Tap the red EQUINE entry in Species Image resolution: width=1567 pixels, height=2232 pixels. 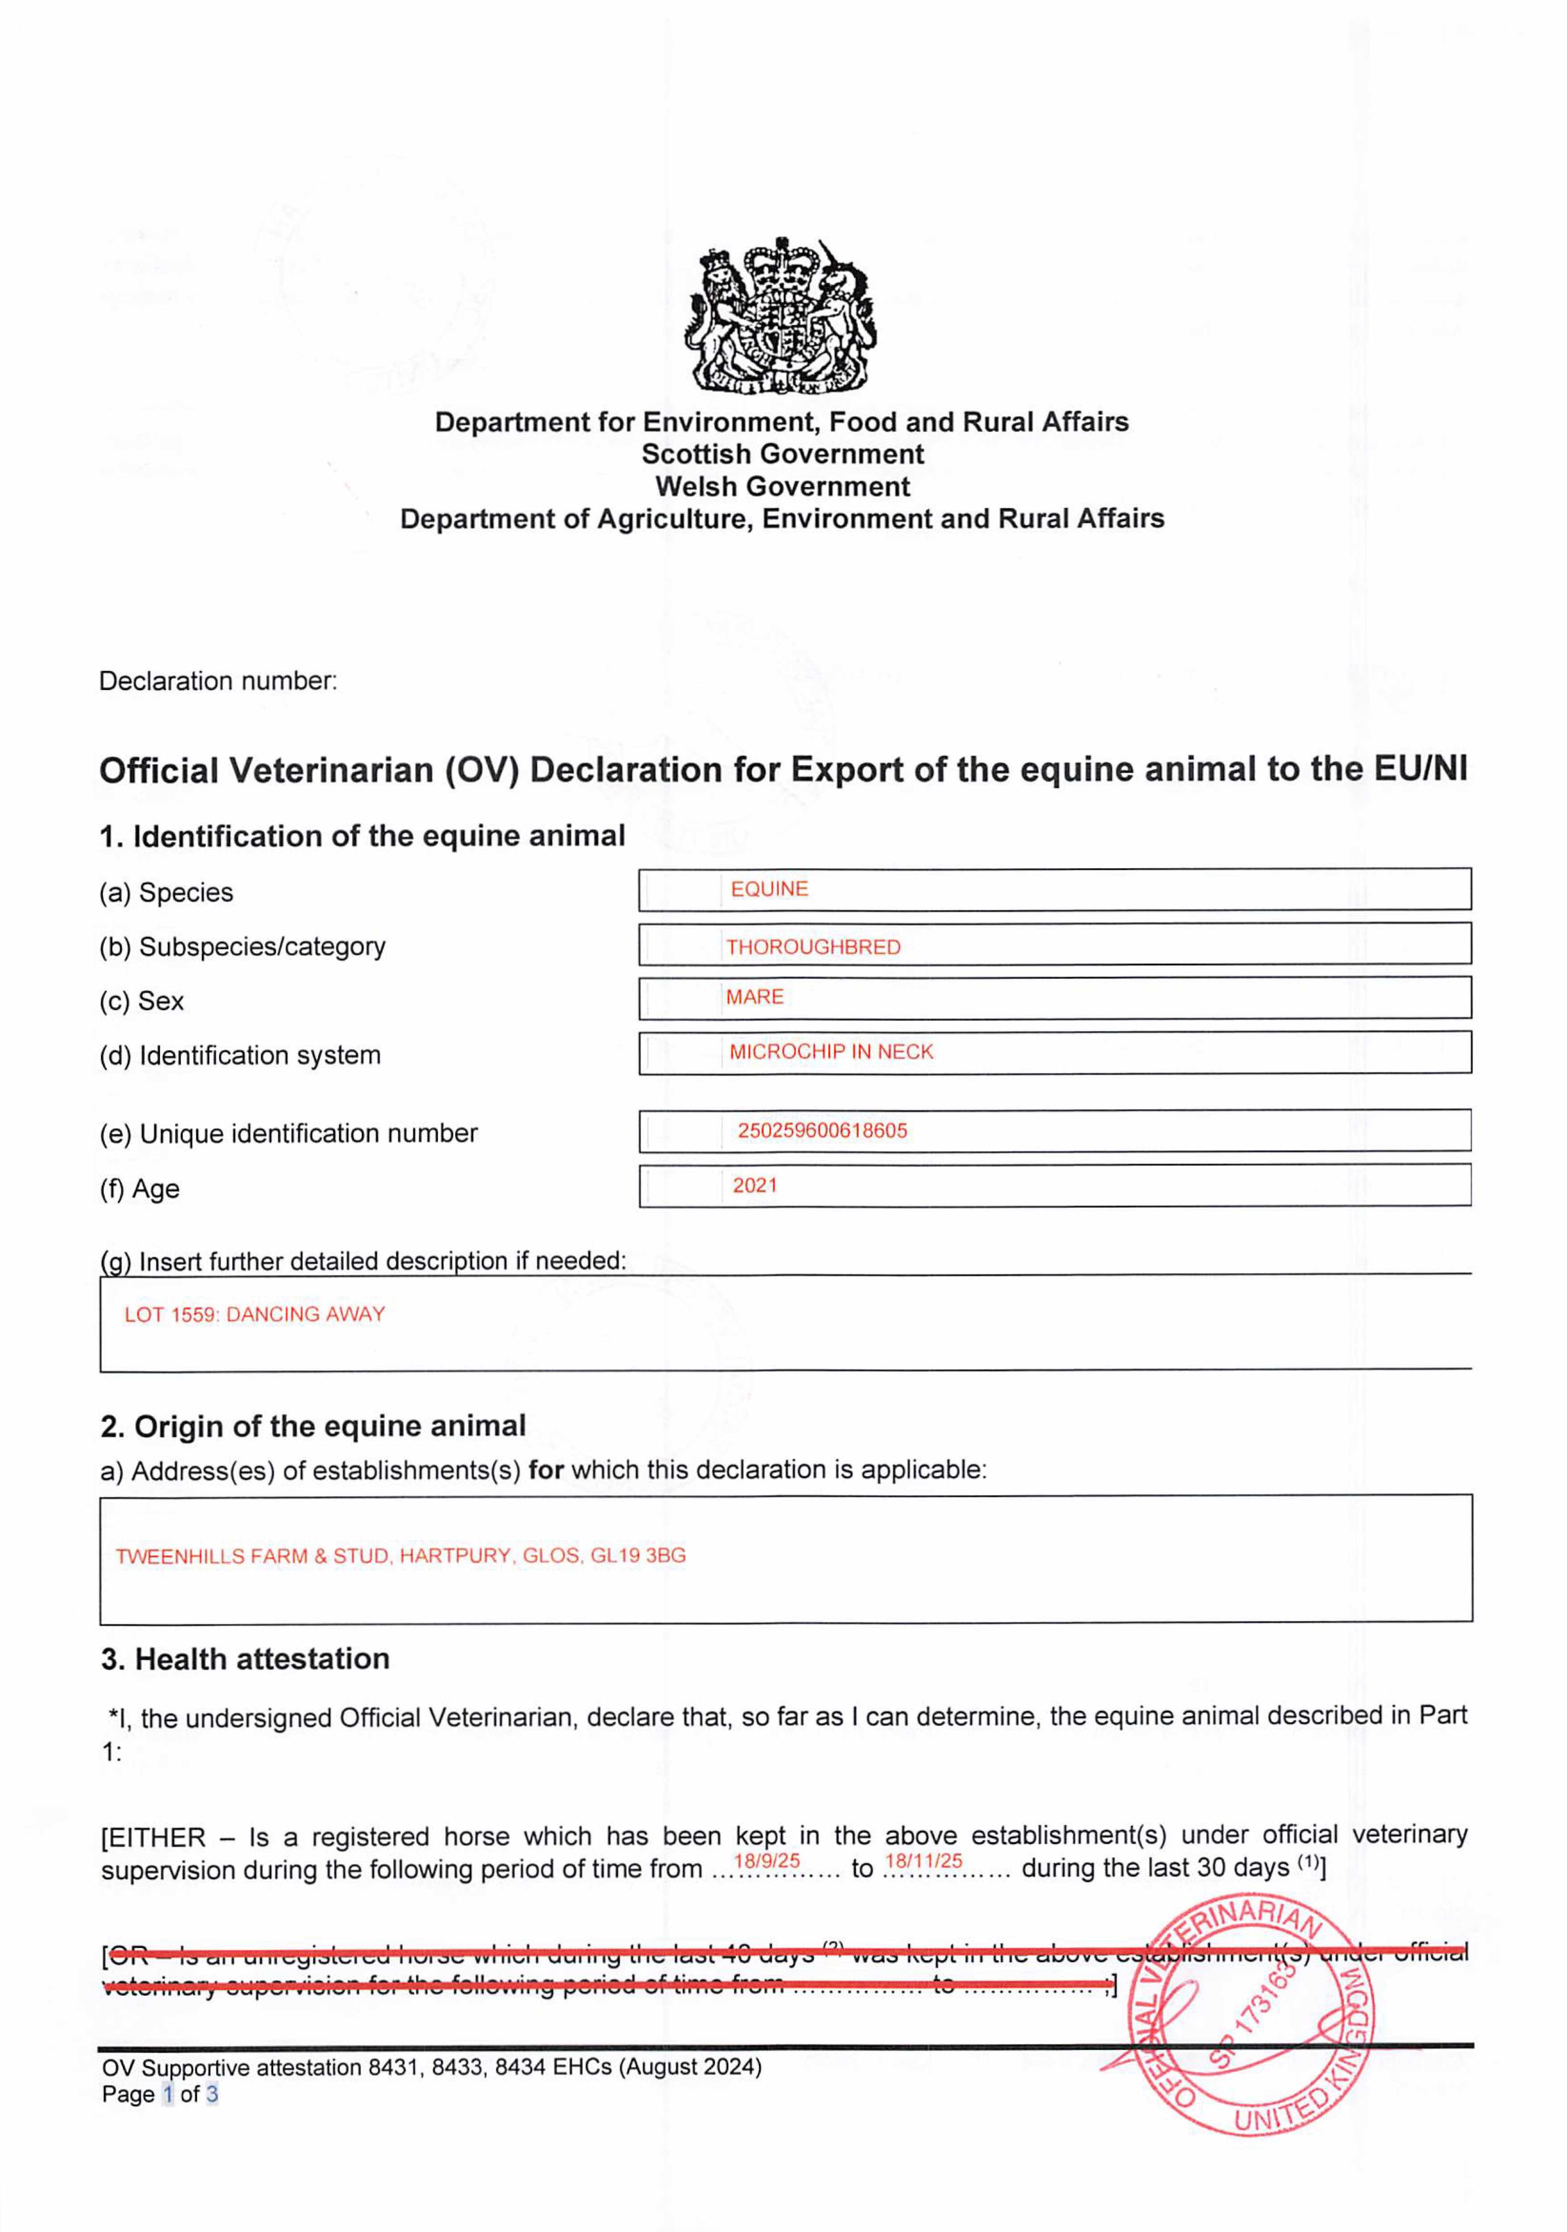(769, 888)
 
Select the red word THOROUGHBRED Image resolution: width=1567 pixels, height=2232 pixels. (813, 947)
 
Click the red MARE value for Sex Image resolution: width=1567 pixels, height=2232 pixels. (754, 996)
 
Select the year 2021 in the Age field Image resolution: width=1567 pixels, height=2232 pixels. (754, 1185)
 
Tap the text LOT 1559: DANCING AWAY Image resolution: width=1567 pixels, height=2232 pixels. (255, 1314)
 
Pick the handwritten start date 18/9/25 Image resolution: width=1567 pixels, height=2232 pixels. (766, 1861)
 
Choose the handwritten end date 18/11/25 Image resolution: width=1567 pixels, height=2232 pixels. (923, 1861)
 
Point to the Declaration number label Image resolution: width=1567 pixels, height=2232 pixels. (218, 680)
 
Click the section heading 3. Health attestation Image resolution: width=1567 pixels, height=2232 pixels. (245, 1658)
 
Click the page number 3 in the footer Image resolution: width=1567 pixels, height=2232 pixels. (212, 2094)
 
